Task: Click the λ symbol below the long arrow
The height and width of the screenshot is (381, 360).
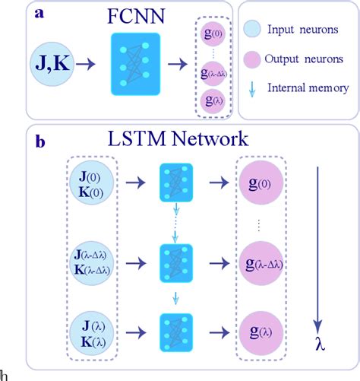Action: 319,344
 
